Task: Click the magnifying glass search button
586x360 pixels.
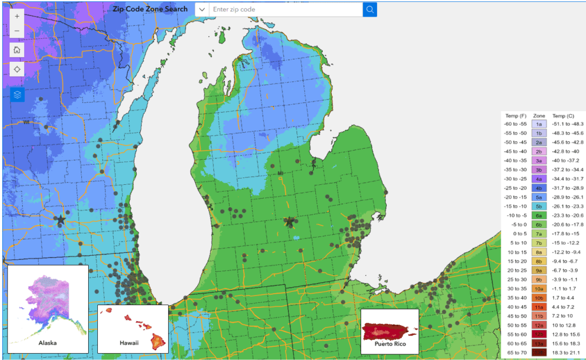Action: (x=370, y=9)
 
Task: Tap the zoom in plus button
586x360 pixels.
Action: (x=17, y=17)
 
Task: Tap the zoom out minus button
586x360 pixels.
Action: (x=17, y=30)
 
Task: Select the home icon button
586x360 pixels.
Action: (x=17, y=49)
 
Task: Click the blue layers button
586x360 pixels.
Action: (x=17, y=94)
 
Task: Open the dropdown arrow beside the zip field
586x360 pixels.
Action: (x=202, y=9)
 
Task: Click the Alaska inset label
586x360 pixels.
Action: (x=48, y=343)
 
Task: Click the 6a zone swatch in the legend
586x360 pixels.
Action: (x=539, y=215)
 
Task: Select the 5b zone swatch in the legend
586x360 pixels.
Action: (x=539, y=206)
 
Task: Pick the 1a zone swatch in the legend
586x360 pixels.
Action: (x=539, y=124)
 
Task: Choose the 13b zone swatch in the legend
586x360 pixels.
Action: (x=539, y=353)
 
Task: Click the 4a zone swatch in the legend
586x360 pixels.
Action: (x=539, y=179)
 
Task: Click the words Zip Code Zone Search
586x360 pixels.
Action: (x=151, y=9)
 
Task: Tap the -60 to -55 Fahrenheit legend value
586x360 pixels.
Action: (x=516, y=124)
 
